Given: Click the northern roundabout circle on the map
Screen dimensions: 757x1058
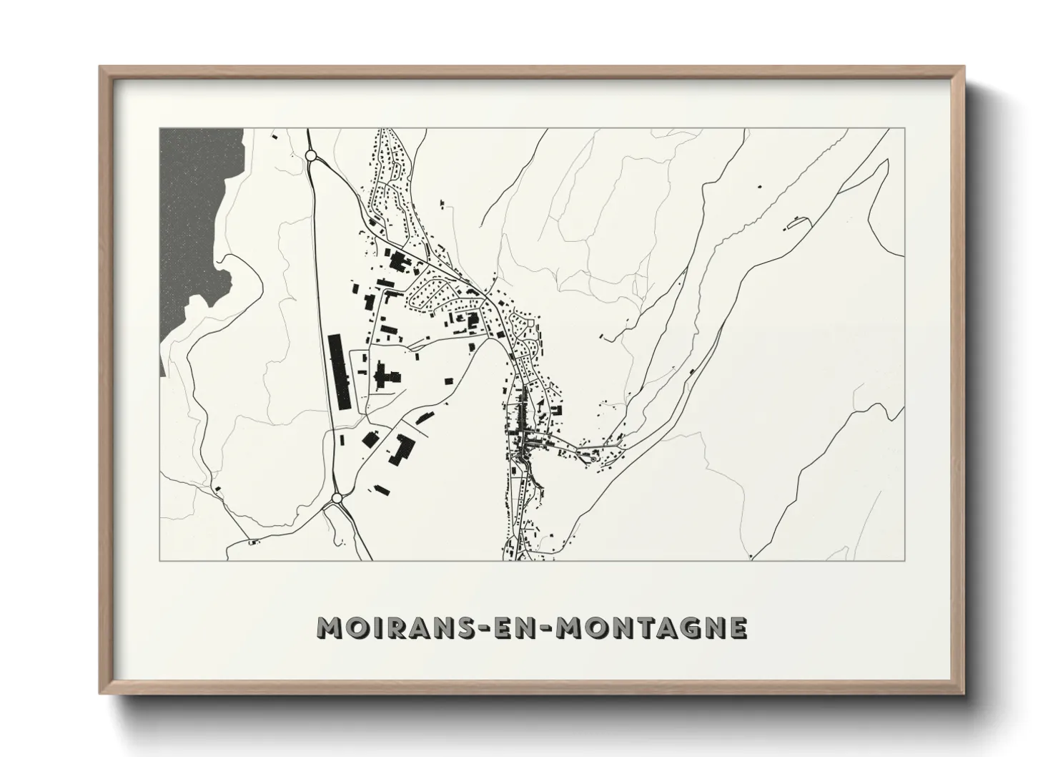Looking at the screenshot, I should (311, 155).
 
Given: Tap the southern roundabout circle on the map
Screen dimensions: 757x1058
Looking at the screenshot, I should (336, 497).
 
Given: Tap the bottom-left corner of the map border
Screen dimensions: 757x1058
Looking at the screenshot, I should (159, 560).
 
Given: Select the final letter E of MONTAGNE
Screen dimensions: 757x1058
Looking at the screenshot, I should (738, 627).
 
